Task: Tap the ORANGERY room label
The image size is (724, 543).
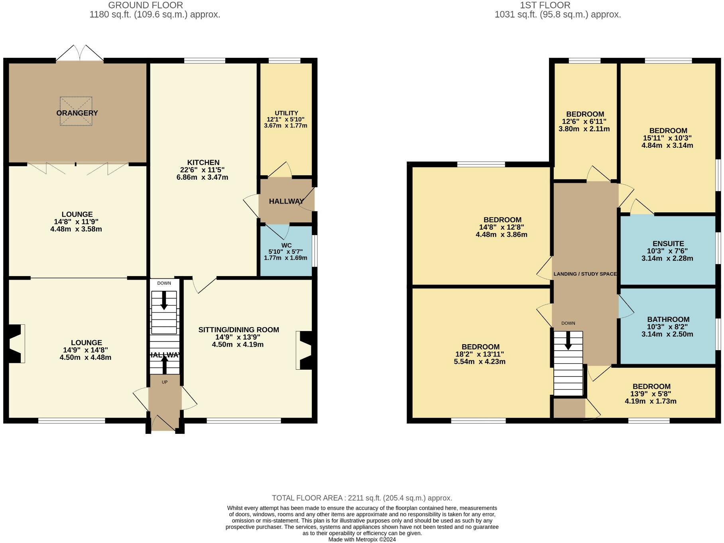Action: [x=77, y=113]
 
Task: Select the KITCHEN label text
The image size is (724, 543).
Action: [x=203, y=163]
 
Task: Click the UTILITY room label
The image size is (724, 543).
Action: [x=286, y=113]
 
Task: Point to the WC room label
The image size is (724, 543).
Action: [x=286, y=245]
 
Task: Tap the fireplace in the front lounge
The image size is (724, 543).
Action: [x=15, y=343]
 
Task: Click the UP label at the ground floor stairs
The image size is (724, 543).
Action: [x=165, y=382]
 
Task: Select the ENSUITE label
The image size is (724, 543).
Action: [x=668, y=244]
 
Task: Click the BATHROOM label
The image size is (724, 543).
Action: [x=668, y=320]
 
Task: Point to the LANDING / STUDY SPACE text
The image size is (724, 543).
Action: [x=585, y=274]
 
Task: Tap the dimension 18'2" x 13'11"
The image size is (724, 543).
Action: [x=480, y=354]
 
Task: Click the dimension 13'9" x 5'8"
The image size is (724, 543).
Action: [x=651, y=394]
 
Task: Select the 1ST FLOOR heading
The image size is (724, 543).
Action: [x=545, y=5]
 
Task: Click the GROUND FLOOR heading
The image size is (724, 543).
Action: [x=146, y=5]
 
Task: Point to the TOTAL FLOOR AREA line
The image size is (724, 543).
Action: [x=362, y=498]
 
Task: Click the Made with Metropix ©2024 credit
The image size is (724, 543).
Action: [x=362, y=539]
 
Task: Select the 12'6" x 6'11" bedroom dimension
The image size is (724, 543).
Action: [x=585, y=122]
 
